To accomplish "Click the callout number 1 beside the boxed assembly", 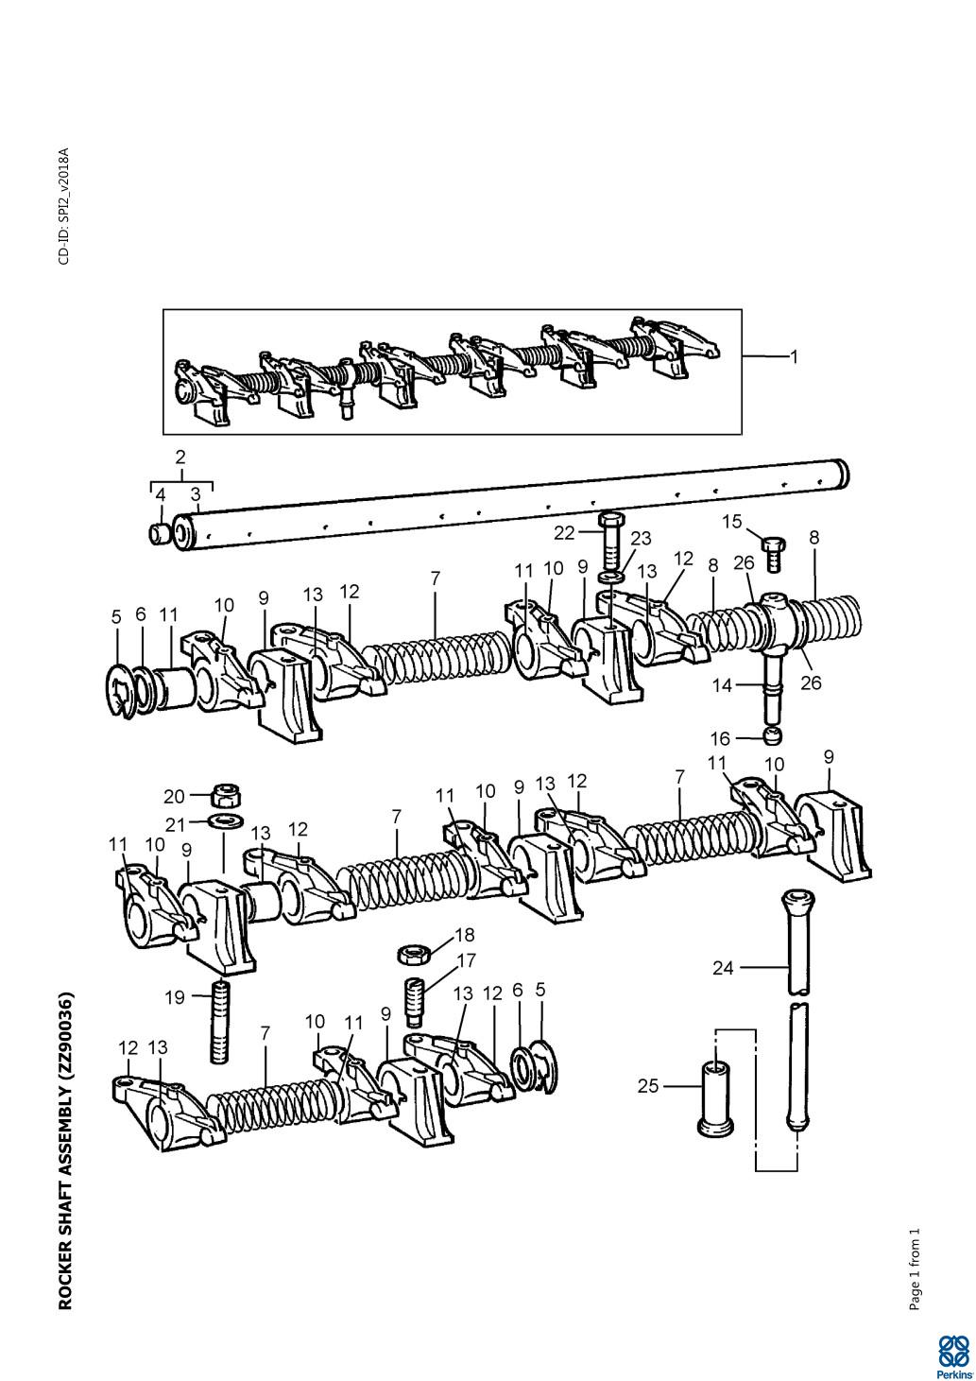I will [x=795, y=357].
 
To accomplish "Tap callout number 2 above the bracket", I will [x=180, y=457].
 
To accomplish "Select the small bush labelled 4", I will [x=160, y=534].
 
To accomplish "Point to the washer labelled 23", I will [x=611, y=576].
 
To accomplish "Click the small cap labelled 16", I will [x=773, y=735].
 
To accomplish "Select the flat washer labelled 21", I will [x=224, y=818].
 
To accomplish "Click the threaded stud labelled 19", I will [x=219, y=1022].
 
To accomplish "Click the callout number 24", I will [x=723, y=967].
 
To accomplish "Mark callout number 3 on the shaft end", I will [x=196, y=493].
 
